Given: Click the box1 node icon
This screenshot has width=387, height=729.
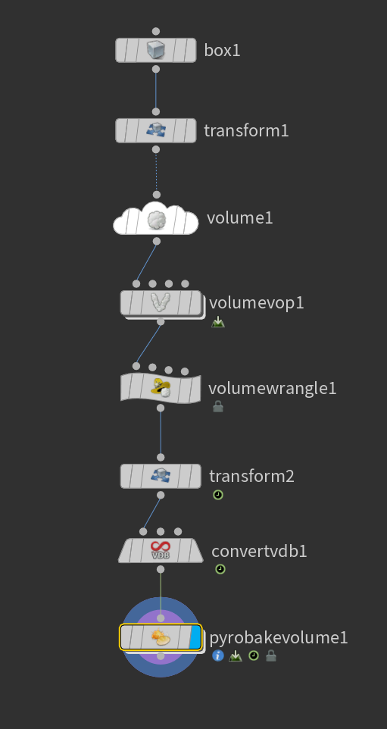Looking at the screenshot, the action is click(x=156, y=50).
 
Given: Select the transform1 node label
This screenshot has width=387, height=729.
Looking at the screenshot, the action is click(x=246, y=130).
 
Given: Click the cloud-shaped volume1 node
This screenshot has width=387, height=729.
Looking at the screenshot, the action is click(x=156, y=218).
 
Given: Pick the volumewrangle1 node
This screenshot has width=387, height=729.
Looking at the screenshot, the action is click(x=161, y=388).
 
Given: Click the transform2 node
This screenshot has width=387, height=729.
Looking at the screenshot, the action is click(x=161, y=476).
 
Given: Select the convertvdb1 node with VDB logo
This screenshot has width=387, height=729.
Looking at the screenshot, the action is click(x=161, y=550).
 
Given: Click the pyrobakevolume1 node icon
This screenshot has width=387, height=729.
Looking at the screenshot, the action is click(x=161, y=637).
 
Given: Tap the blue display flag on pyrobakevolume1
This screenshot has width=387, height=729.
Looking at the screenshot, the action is click(x=195, y=637).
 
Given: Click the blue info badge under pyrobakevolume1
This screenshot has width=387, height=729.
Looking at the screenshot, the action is click(x=218, y=655).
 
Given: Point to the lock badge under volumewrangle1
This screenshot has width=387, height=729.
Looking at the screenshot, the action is click(x=218, y=407).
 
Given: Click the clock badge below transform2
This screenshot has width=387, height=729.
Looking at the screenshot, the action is click(x=218, y=495).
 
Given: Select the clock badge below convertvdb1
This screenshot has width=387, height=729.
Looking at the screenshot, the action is click(x=220, y=569).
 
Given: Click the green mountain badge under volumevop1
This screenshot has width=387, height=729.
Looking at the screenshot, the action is click(x=218, y=322).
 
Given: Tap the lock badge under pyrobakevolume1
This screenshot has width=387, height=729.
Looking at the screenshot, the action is click(x=271, y=655).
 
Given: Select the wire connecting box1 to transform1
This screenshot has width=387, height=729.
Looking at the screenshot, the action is click(x=156, y=91).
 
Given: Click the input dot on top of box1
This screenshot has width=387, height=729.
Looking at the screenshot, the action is click(x=156, y=31).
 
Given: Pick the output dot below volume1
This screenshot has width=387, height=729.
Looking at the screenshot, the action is click(x=157, y=241).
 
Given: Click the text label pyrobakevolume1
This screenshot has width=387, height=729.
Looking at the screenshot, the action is click(x=279, y=638).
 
